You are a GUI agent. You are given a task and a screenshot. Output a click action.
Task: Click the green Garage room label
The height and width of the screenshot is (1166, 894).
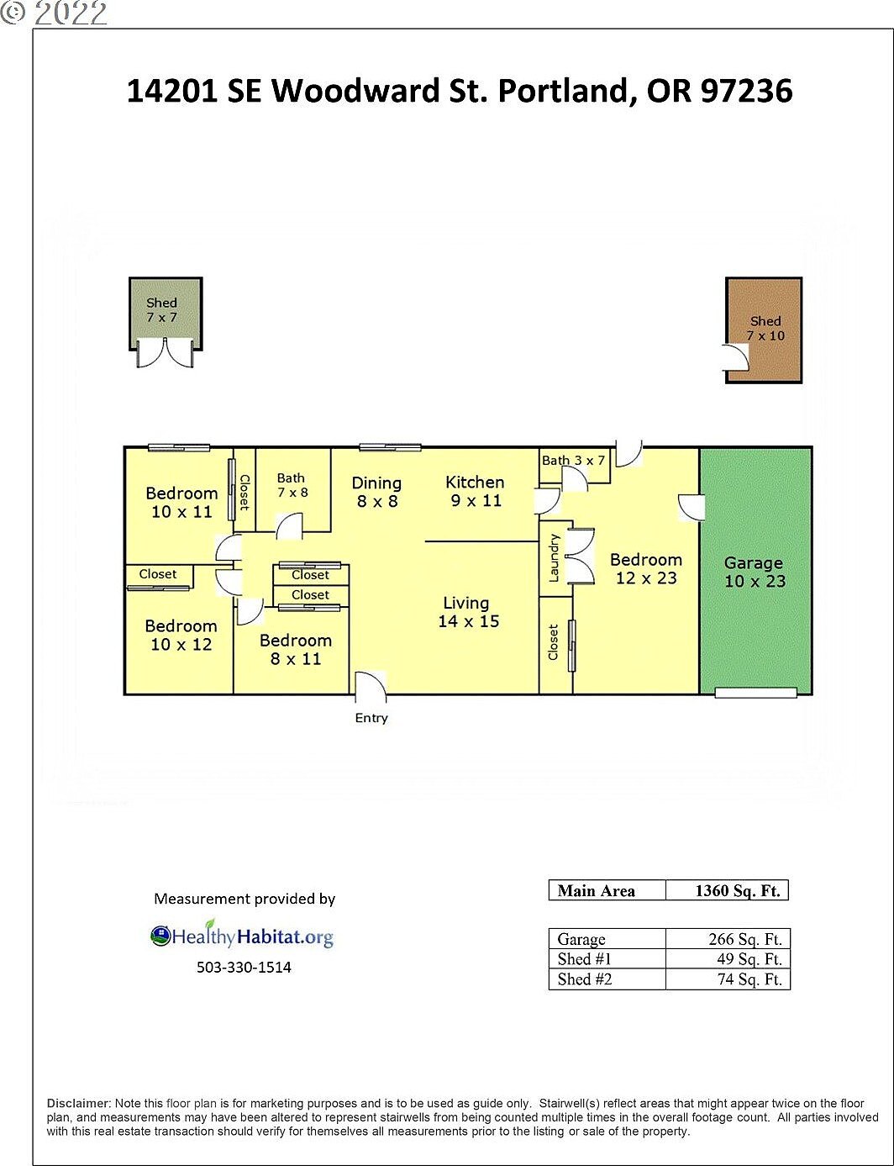754,572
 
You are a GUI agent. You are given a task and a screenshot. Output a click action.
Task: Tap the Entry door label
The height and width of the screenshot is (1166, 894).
371,718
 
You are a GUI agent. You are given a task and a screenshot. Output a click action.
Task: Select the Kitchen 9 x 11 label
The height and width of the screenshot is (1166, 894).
475,492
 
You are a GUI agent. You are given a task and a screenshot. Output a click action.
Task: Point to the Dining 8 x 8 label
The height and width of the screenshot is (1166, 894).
376,493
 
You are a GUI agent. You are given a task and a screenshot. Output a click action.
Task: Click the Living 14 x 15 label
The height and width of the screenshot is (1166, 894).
468,612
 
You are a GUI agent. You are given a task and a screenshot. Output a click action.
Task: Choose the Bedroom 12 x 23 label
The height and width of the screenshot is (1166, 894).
645,569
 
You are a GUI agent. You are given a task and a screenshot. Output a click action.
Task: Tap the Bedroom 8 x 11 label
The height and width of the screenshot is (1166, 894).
295,650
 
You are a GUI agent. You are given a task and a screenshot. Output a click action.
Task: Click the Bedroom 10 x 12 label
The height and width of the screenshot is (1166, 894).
181,636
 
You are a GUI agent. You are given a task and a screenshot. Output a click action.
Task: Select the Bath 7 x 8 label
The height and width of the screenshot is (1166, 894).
292,485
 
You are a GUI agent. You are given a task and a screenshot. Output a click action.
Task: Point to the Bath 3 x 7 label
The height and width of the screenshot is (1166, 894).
573,461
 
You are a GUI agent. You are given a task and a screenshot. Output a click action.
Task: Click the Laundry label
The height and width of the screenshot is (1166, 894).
554,557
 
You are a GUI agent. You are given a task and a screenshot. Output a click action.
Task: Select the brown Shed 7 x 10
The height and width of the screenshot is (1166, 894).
765,329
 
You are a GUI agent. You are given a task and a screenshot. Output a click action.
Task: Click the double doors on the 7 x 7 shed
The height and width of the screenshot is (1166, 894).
166,353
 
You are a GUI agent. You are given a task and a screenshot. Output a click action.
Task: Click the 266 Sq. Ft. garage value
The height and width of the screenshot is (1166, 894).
744,940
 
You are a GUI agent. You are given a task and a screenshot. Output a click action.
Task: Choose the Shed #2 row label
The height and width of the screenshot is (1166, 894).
585,979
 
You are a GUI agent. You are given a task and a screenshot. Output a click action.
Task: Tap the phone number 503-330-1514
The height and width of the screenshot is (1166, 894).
244,968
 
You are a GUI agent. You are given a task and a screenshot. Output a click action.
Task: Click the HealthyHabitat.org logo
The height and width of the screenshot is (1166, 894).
242,936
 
